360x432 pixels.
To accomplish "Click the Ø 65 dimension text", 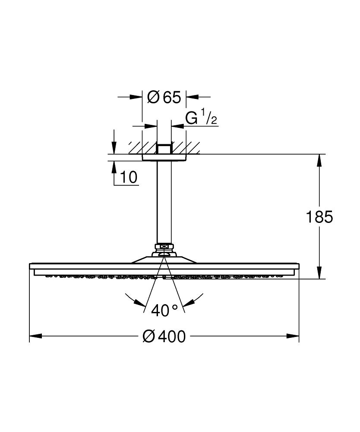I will pos(164,97).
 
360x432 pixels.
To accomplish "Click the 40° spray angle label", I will pos(164,311).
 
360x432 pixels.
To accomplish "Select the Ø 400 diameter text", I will pos(164,336).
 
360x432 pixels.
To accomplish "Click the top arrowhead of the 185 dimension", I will pos(319,160).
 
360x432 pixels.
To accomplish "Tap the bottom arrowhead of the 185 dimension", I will pos(319,273).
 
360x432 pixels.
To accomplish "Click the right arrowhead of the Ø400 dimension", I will pos(294,336).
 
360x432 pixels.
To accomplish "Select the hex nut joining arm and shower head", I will pos(164,248).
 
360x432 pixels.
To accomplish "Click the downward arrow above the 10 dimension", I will pos(114,147).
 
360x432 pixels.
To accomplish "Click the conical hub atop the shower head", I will pos(164,258).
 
